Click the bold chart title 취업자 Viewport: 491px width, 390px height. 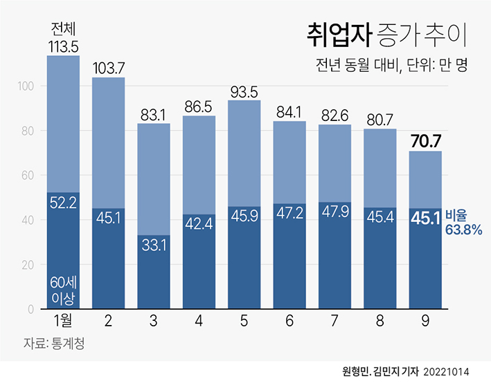pos(338,33)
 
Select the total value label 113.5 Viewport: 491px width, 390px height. pos(63,46)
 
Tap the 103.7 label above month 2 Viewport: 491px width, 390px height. pos(109,68)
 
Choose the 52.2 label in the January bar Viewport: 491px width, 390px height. pos(63,201)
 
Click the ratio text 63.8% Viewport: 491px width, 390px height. pos(464,230)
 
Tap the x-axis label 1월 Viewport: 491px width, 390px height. pos(63,322)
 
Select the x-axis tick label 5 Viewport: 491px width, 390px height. pos(244,322)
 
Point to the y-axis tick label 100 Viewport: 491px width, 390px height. pos(24,86)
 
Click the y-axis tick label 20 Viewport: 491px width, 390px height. pos(27,265)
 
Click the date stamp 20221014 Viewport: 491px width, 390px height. pos(446,371)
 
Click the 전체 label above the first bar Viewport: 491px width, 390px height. pos(63,29)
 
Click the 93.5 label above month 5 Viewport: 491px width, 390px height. pos(244,91)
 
